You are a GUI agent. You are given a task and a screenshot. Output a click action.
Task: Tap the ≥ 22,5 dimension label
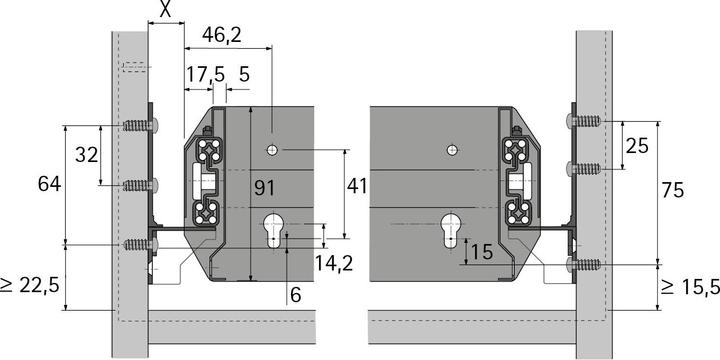tap(32, 285)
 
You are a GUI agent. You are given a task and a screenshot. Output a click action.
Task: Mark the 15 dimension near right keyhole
tap(480, 252)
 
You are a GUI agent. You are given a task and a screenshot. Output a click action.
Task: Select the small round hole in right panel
tap(452, 149)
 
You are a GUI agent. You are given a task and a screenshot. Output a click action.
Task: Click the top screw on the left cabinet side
tap(140, 126)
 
